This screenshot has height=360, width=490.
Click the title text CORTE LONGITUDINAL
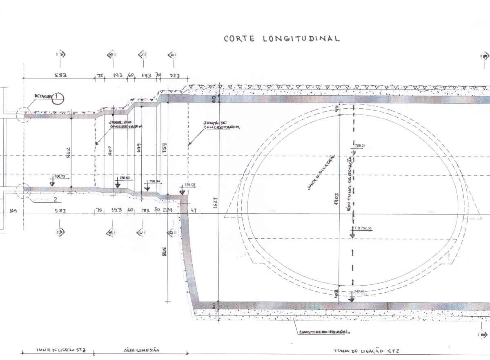click(x=282, y=39)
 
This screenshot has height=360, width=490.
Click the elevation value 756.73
click(x=60, y=176)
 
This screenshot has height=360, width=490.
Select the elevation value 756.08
click(x=190, y=185)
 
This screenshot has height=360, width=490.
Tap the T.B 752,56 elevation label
click(x=365, y=229)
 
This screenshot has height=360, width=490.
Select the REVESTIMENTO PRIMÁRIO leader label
click(x=325, y=332)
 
